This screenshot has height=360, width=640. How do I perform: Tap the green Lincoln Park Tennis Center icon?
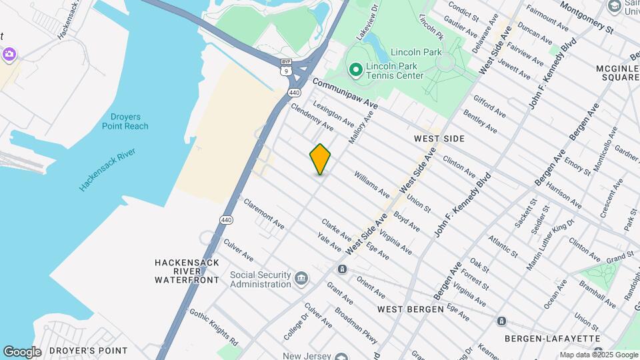point(355,69)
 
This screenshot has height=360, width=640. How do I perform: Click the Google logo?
point(22,352)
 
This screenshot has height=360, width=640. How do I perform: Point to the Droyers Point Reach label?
point(125,121)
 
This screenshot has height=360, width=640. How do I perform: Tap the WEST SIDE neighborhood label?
point(439,139)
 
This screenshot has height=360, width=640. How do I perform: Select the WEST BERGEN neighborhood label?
point(410,309)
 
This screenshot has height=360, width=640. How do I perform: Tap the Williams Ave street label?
point(372,185)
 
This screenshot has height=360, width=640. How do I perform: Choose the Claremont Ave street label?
point(265,213)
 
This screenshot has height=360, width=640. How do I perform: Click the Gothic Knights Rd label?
point(213,325)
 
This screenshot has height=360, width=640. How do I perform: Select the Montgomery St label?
point(586,17)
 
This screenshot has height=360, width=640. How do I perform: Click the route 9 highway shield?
point(286,69)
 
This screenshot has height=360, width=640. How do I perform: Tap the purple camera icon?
point(9,54)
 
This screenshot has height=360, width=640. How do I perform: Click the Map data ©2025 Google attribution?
point(598,355)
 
